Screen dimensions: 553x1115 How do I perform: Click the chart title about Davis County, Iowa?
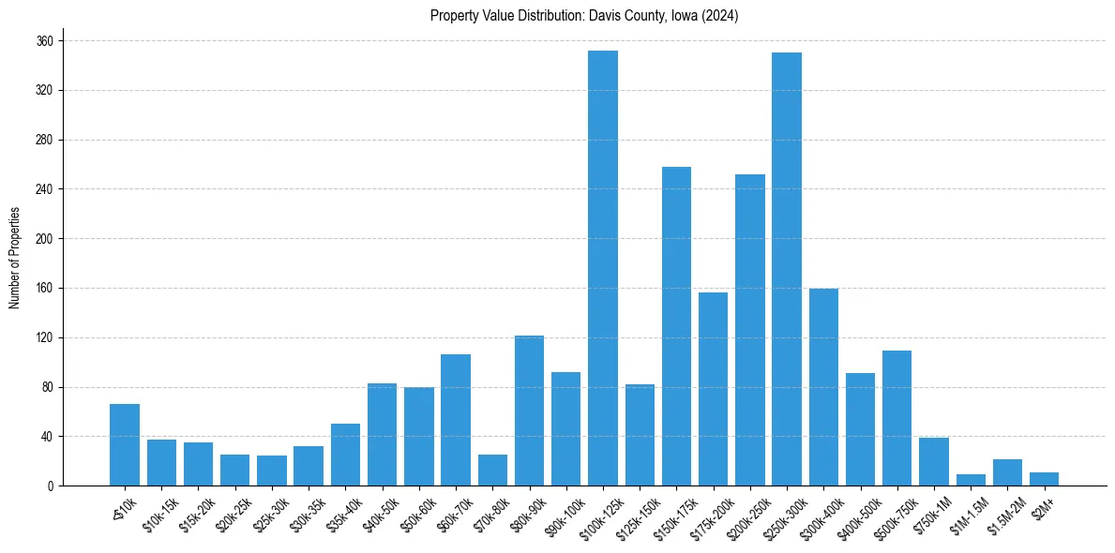coord(584,16)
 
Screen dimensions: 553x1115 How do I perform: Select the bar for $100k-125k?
coord(603,268)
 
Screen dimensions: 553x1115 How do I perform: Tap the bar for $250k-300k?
coord(787,269)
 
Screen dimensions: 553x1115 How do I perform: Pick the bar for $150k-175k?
coord(676,326)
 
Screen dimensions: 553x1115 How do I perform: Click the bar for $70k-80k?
coord(492,471)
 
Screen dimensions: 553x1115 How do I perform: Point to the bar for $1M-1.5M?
coord(971,480)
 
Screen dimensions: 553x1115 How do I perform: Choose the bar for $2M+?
coord(1044,479)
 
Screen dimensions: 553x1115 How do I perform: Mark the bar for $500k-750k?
coord(897,418)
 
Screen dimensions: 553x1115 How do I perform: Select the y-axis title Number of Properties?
coord(15,258)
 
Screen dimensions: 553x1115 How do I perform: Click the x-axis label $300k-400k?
coord(817,512)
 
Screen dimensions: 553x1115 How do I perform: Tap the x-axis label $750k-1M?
coord(928,512)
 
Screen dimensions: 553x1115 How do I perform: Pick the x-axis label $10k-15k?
coord(157,510)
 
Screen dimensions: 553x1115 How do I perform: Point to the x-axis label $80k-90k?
coord(524,510)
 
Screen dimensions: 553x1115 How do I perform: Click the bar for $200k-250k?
coord(750,330)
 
